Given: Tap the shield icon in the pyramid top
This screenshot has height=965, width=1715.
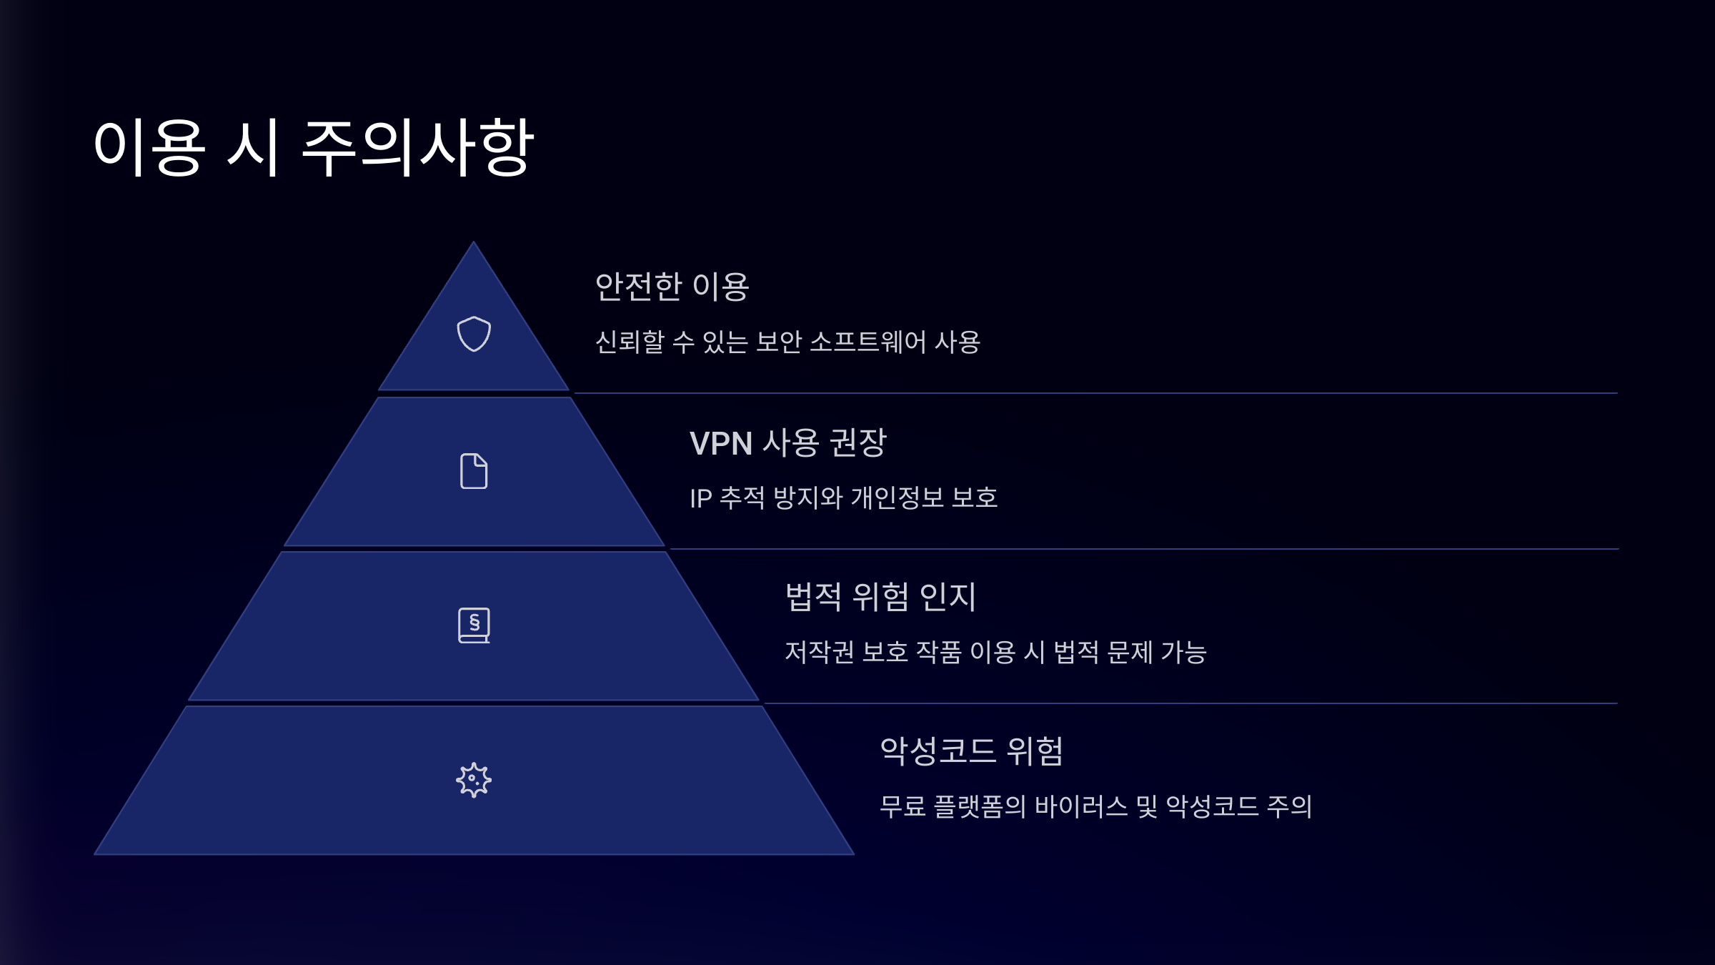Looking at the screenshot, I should [474, 334].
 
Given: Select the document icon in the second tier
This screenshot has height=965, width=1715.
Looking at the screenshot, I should [474, 471].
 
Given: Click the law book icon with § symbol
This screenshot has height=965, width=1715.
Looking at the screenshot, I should [474, 625].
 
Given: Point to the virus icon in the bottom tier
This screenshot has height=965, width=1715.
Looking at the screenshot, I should [474, 780].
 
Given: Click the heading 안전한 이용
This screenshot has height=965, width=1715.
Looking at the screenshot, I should [672, 287].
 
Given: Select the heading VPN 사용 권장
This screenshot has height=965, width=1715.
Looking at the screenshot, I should [787, 443].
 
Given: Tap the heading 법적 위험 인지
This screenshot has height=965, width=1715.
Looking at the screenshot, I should [880, 597].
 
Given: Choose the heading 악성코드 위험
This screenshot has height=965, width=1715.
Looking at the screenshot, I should [972, 751].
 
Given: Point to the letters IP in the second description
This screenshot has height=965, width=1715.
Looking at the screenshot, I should [700, 498].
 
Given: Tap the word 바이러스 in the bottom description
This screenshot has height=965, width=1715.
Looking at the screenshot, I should [1081, 807].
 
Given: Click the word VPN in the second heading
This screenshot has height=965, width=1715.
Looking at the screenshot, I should [720, 444].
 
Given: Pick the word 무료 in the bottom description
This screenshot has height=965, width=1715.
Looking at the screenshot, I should [903, 807].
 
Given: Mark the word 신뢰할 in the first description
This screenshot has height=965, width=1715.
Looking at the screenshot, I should [630, 342].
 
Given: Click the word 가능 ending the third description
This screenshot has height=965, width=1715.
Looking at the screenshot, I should [1183, 653].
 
